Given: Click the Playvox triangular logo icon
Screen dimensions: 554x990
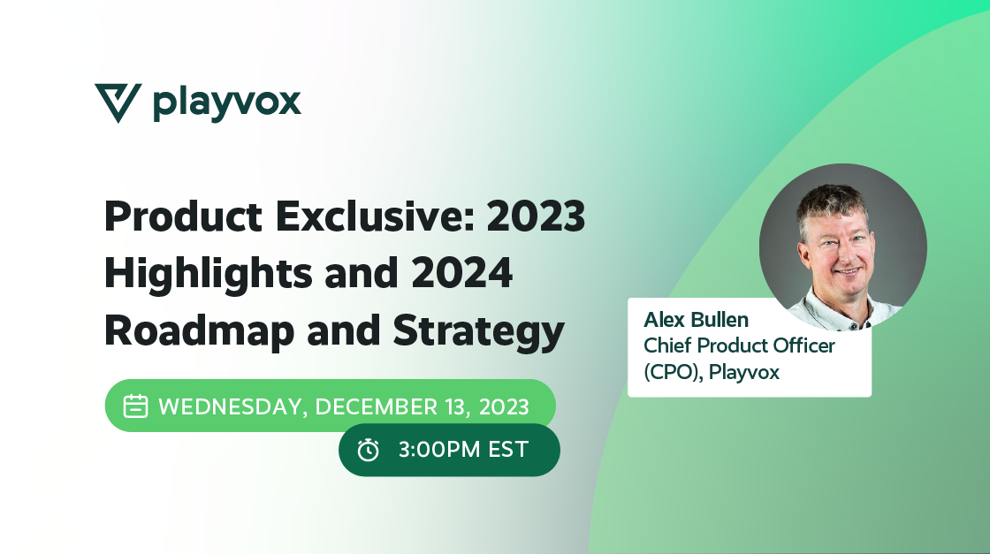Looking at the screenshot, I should pos(117,102).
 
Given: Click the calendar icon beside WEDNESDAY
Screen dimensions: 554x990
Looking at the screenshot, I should pos(134,406).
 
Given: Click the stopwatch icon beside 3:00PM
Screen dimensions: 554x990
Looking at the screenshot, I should pos(368,450).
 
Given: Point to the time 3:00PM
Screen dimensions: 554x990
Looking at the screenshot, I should pos(437,450).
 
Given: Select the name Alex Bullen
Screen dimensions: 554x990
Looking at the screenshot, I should pos(697,319).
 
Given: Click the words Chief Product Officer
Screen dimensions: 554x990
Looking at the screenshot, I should pos(739,345).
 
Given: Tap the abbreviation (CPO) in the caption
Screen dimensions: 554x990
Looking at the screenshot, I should pos(673,372).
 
